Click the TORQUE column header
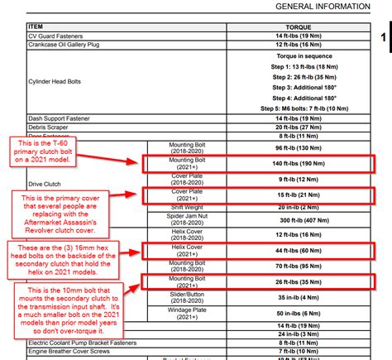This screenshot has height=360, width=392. click(x=299, y=26)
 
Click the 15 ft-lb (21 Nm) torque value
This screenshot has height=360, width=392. click(x=299, y=195)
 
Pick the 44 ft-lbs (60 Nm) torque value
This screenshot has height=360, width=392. click(x=299, y=250)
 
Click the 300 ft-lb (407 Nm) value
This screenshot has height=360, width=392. click(x=299, y=221)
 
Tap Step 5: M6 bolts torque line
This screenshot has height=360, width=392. click(x=299, y=108)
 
